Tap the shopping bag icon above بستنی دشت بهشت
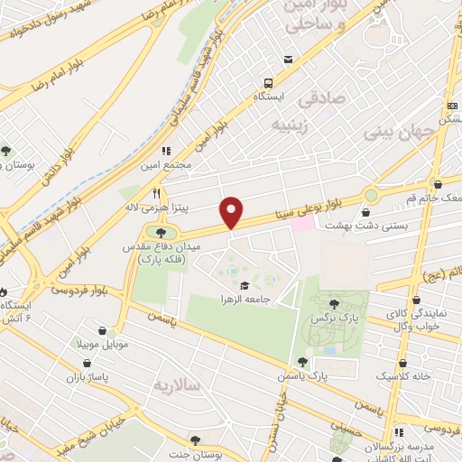[365, 213]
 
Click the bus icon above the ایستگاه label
[288, 60]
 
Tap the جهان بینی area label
[400, 131]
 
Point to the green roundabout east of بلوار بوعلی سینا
[370, 195]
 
